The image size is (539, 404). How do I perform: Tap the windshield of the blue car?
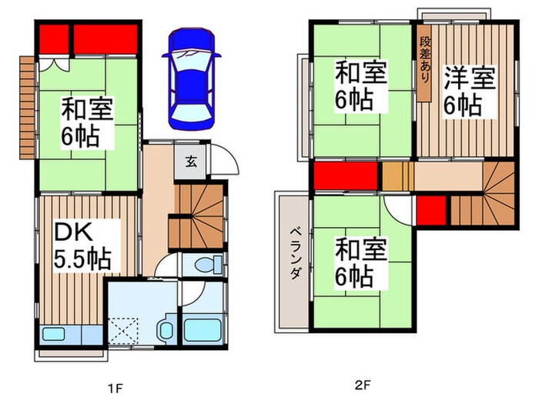pyautogui.click(x=190, y=59)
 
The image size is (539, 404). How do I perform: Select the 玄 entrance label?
pyautogui.click(x=190, y=162)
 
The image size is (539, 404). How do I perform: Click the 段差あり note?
pyautogui.click(x=425, y=65)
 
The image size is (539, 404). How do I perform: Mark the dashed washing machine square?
pyautogui.click(x=126, y=332)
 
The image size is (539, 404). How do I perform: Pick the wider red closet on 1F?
pyautogui.click(x=105, y=39)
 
